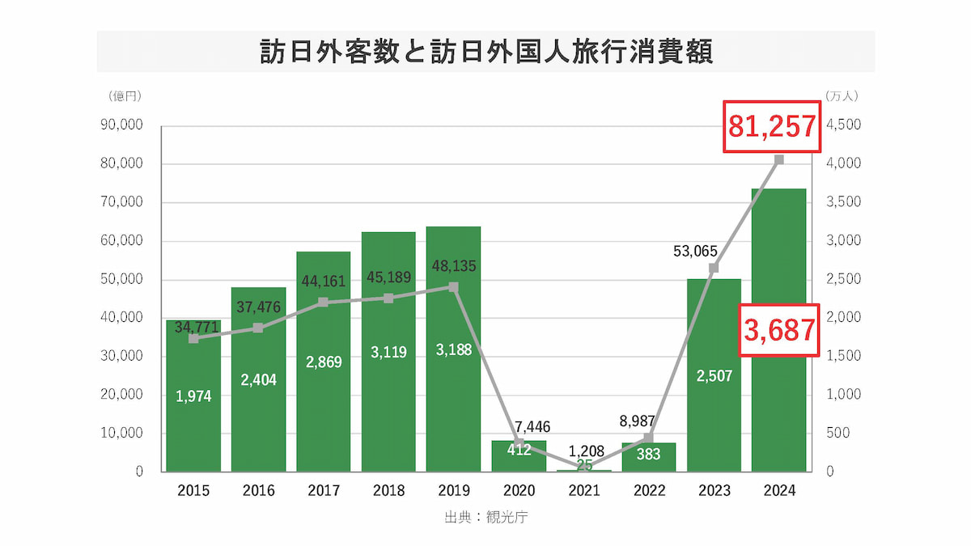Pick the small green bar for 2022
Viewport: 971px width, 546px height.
(x=648, y=457)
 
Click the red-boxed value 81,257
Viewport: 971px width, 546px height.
(x=771, y=126)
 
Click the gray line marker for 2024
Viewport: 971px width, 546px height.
(x=778, y=159)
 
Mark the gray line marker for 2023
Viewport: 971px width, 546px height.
(x=714, y=268)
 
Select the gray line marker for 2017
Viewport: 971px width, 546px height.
(x=323, y=302)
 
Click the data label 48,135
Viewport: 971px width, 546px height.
(x=454, y=265)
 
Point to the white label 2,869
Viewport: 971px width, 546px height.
(x=324, y=362)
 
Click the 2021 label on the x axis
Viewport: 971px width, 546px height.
(x=583, y=491)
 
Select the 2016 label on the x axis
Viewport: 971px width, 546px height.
(x=258, y=491)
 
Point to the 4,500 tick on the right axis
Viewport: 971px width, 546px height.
(x=844, y=125)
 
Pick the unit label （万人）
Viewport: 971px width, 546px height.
(x=842, y=95)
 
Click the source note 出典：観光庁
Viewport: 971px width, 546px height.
(x=486, y=518)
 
